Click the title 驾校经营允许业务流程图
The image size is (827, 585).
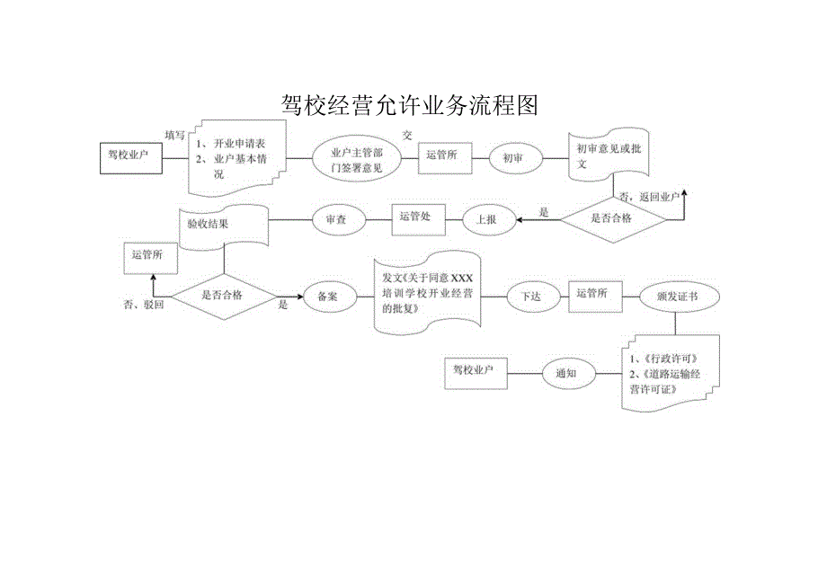[409, 105]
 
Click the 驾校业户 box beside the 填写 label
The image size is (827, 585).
[129, 156]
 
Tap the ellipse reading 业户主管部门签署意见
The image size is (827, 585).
[356, 157]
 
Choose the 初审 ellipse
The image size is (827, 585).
[512, 158]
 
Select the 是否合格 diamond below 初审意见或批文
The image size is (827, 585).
[610, 217]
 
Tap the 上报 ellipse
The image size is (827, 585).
[489, 217]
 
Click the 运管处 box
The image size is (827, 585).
[415, 217]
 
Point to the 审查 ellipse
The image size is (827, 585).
[336, 217]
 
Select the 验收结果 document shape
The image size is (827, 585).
[221, 225]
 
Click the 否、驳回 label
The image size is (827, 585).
[143, 305]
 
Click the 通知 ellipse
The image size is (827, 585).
[566, 373]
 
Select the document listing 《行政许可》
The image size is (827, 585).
[670, 371]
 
